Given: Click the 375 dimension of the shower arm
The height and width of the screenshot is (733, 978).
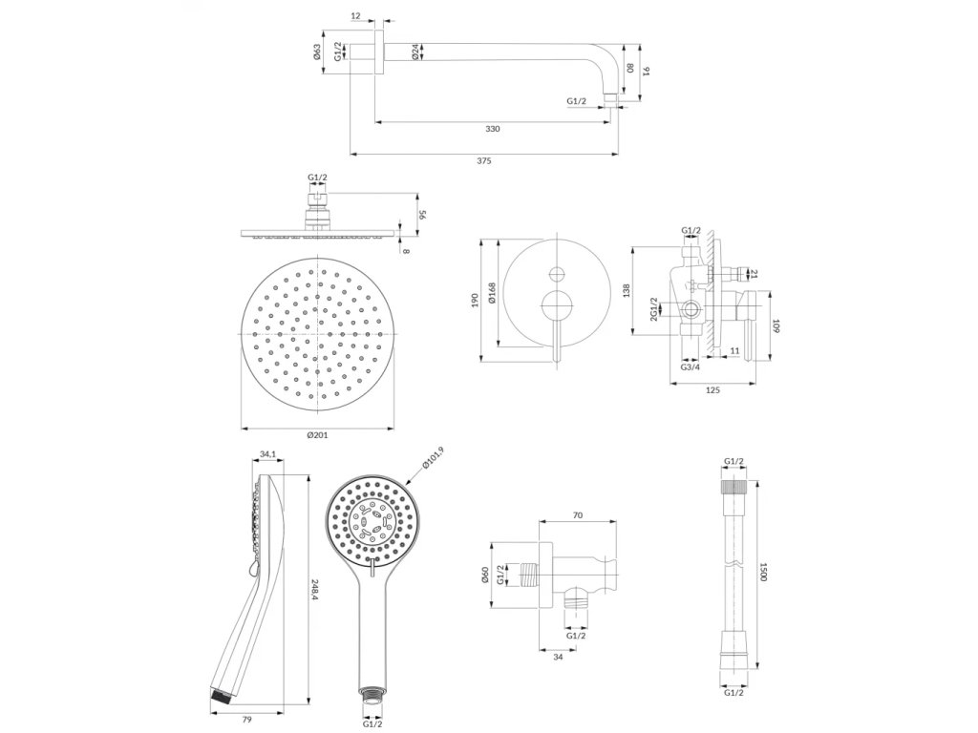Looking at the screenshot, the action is tap(483, 160).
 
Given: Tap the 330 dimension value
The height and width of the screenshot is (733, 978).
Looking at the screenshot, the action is tap(493, 129).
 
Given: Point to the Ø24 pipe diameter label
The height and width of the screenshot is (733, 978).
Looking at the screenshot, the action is tap(415, 52).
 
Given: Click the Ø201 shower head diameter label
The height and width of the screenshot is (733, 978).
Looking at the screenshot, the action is tap(318, 435).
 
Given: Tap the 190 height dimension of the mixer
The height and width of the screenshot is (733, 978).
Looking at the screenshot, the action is tap(475, 300).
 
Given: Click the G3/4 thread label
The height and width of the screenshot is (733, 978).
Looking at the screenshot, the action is tap(691, 366).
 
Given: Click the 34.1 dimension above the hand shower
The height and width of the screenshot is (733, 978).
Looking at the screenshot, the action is tap(267, 454).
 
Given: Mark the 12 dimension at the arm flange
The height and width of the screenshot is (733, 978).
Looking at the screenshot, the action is tap(355, 15).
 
